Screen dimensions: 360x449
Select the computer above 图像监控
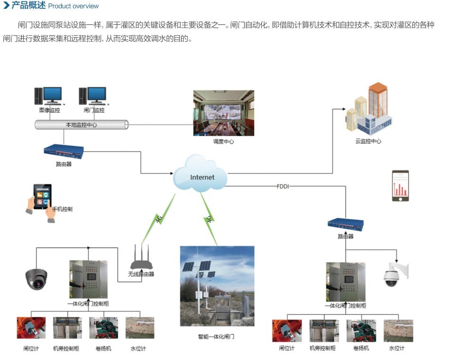49,97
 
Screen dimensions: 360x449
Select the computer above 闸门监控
93,97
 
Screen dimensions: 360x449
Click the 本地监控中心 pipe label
81,125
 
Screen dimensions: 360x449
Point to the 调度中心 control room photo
223,113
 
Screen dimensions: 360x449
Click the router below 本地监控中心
64,151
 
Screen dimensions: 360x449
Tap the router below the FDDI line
346,224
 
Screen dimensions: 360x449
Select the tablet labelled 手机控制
41,200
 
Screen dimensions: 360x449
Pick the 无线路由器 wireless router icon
141,259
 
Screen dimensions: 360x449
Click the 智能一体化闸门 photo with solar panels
217,285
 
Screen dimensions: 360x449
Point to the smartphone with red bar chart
400,185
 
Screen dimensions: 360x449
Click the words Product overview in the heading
74,6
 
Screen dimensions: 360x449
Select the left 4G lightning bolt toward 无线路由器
159,218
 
